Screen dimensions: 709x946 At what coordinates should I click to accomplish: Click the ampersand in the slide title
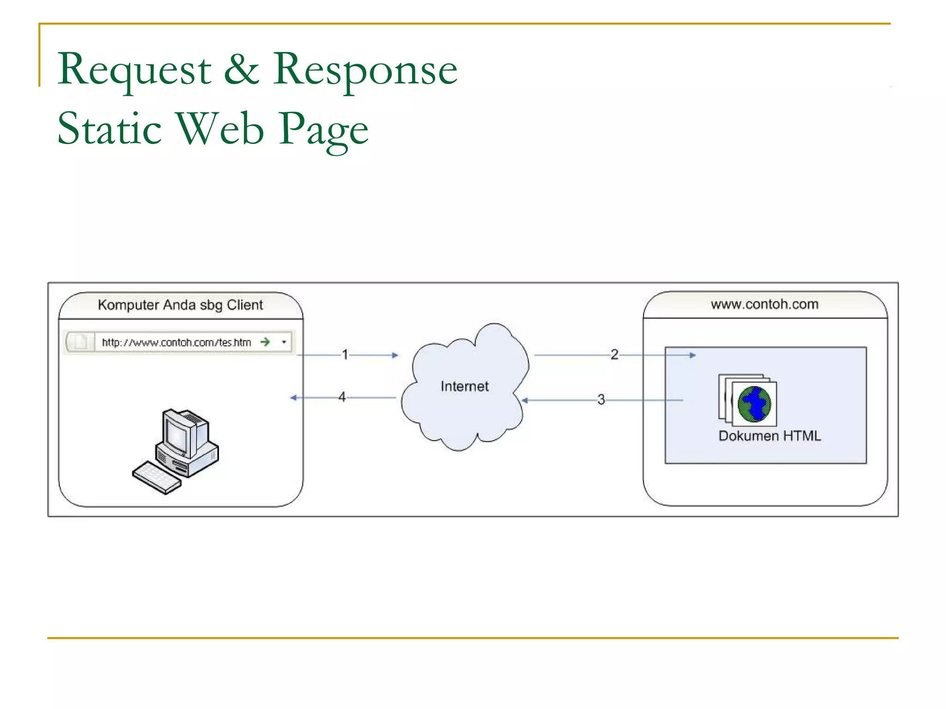[x=242, y=69]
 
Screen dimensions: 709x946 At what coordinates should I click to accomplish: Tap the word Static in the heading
[x=109, y=129]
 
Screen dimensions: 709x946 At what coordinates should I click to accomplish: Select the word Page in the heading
[x=323, y=130]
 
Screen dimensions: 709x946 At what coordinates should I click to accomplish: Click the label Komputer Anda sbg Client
[x=180, y=305]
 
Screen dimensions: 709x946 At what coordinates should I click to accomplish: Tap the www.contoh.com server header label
[x=764, y=304]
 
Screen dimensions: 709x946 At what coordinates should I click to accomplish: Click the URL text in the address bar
[x=176, y=342]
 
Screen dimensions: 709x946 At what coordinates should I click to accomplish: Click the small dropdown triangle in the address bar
[x=284, y=342]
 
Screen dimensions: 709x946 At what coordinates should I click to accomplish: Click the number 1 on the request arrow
[x=345, y=354]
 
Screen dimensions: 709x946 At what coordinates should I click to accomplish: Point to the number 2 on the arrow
[x=614, y=354]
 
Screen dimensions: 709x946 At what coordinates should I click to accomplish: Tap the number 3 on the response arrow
[x=600, y=399]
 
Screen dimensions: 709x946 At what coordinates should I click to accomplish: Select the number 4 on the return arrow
[x=342, y=397]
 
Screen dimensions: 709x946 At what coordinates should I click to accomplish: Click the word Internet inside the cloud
[x=464, y=386]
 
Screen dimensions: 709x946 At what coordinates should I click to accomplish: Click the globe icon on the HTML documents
[x=754, y=404]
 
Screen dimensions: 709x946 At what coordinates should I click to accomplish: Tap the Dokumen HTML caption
[x=770, y=436]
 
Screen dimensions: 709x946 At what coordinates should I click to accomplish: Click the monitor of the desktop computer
[x=177, y=434]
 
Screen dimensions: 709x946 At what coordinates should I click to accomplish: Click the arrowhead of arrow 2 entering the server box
[x=692, y=355]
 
